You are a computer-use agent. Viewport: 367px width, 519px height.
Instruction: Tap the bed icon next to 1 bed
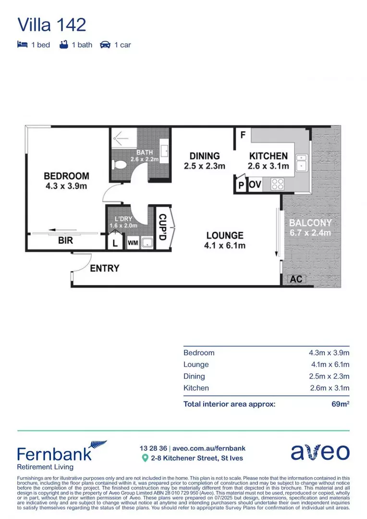pos(22,45)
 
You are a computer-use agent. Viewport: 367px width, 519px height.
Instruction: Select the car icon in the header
pos(105,45)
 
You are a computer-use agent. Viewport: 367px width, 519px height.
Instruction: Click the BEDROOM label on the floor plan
pos(66,176)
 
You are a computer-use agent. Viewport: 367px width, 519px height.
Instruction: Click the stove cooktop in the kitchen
pos(277,184)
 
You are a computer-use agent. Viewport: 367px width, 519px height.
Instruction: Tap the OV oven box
pos(255,185)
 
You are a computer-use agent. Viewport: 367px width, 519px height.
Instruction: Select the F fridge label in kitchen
pos(243,135)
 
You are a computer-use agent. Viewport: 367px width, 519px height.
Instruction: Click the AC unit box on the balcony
pos(296,279)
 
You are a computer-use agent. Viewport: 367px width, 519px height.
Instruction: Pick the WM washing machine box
pos(133,243)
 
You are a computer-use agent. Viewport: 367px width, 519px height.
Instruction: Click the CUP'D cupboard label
pos(162,228)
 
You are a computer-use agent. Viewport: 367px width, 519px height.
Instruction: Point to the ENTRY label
pos(104,268)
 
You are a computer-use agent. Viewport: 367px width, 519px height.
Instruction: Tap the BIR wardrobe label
pos(65,240)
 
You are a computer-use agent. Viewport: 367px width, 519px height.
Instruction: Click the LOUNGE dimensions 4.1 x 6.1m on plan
pos(225,246)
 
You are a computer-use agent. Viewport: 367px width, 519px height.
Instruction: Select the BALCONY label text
pos(310,223)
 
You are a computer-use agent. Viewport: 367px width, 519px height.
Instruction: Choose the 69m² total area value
pos(340,404)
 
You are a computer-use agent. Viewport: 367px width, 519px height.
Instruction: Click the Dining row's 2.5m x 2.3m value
pos(329,376)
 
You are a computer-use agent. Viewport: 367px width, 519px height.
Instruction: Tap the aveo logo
pos(320,452)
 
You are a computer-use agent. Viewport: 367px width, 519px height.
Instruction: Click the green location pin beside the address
pos(145,458)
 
